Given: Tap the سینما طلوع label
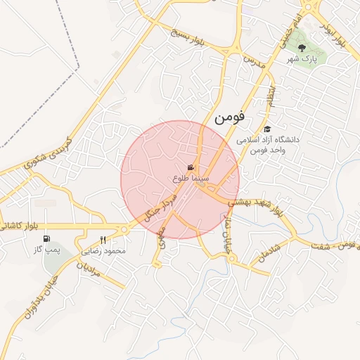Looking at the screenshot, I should click(x=188, y=179).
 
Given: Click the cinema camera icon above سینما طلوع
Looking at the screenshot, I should click(x=191, y=167).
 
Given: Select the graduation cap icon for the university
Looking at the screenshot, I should click(x=267, y=129).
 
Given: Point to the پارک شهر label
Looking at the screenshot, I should click(x=302, y=60).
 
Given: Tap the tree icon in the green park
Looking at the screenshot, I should click(x=302, y=48).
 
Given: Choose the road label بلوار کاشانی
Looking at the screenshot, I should click(x=20, y=226).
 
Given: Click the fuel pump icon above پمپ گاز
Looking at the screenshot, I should click(x=46, y=239).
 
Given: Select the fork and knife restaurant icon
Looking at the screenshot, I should click(x=103, y=240).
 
